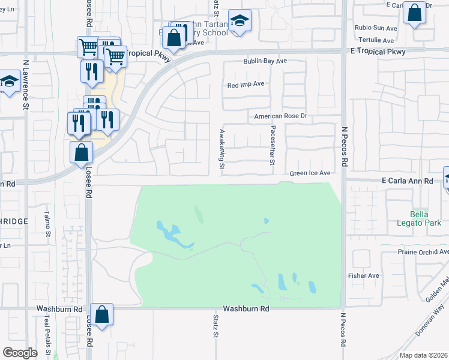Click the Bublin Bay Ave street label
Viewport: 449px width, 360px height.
(x=265, y=61)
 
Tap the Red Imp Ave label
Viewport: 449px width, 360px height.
(x=246, y=85)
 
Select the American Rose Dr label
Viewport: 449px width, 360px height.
(x=280, y=116)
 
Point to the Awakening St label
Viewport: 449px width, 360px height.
(x=221, y=149)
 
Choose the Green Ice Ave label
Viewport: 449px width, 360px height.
(x=310, y=173)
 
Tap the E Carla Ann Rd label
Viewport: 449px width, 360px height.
(x=407, y=181)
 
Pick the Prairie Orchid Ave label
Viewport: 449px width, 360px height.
(x=423, y=253)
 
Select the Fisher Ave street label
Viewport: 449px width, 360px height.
(x=364, y=276)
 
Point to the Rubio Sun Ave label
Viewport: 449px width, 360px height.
(x=376, y=28)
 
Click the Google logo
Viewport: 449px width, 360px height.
(x=20, y=353)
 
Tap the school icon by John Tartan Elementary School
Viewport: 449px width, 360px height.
(x=240, y=22)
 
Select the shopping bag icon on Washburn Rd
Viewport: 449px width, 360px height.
(x=102, y=314)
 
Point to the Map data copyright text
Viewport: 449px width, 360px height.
(x=423, y=355)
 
